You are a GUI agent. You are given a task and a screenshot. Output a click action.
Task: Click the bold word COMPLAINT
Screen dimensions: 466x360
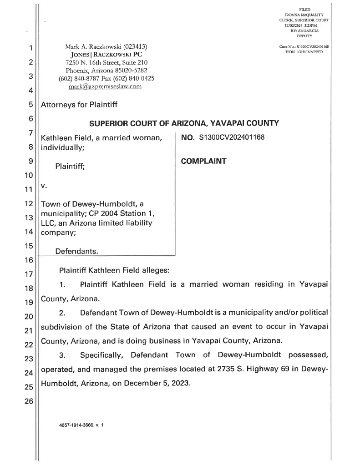(203, 161)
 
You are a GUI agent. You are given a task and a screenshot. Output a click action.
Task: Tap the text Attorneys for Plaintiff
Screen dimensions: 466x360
(79, 105)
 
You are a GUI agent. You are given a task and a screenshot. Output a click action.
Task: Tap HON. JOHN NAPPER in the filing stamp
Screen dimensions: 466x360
(304, 51)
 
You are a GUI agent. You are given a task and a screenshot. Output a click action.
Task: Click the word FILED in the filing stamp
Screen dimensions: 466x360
(304, 10)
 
